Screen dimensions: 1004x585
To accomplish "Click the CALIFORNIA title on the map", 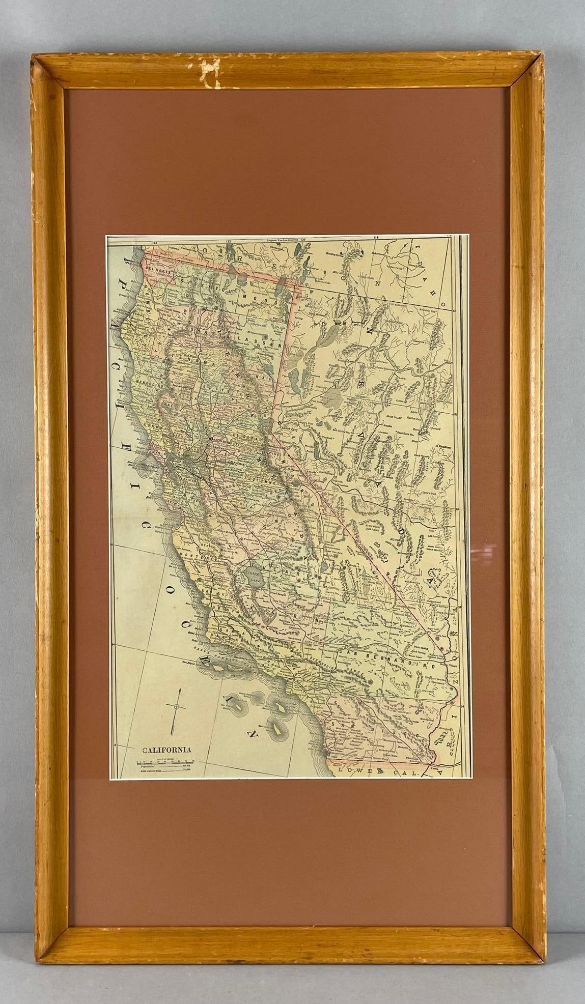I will [166, 749].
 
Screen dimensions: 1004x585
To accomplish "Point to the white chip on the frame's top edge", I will [208, 71].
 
